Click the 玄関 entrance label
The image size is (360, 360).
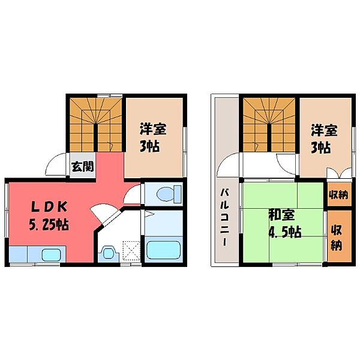(x=83, y=166)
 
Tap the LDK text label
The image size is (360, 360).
(x=49, y=208)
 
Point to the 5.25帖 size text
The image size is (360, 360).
(x=49, y=224)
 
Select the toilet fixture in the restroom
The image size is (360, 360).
(x=169, y=193)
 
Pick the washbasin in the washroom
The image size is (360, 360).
(x=108, y=253)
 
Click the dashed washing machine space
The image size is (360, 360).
(x=131, y=250)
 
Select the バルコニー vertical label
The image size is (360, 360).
(x=225, y=217)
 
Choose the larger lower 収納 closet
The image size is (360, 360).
(x=339, y=236)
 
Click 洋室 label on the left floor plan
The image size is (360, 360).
(x=153, y=129)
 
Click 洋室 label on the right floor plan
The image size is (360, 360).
(x=324, y=130)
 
